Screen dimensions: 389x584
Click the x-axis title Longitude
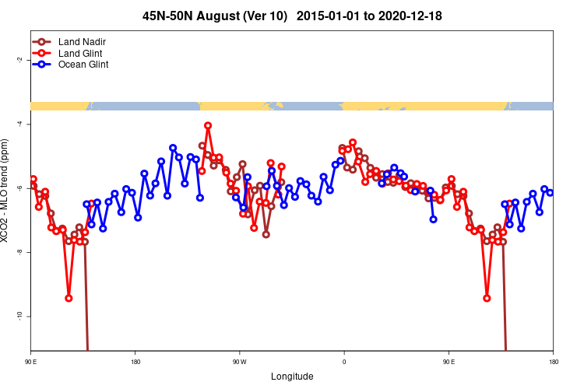[x=292, y=377]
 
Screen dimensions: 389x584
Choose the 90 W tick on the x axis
[x=239, y=361]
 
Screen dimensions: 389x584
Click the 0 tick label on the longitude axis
[x=344, y=361]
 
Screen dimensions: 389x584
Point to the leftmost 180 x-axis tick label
[x=135, y=361]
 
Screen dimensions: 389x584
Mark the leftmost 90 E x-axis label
[x=31, y=361]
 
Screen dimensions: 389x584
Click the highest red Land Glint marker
[x=208, y=125]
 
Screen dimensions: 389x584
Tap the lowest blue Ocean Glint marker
[x=103, y=228]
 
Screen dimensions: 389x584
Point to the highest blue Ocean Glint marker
[x=173, y=148]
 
